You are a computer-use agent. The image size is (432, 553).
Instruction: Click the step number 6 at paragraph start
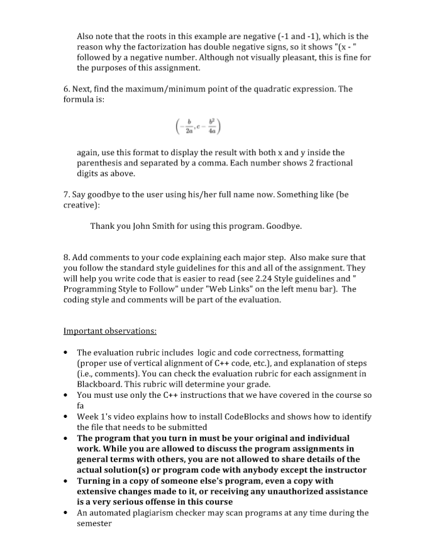point(66,89)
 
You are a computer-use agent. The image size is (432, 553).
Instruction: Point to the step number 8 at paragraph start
point(66,257)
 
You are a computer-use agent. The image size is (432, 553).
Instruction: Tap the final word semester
point(94,523)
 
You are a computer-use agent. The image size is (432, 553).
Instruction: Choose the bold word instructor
point(343,469)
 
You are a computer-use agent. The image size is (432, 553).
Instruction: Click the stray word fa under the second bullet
point(80,405)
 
